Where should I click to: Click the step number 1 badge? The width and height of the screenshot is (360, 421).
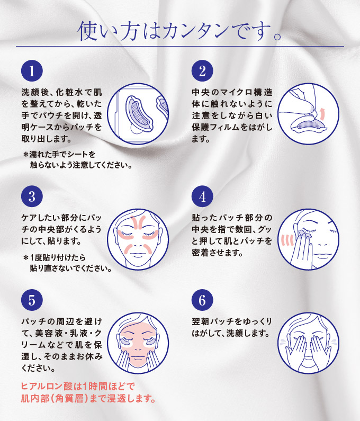click(32, 71)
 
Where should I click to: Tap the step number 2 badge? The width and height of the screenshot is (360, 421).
click(202, 71)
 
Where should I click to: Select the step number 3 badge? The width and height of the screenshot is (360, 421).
click(32, 196)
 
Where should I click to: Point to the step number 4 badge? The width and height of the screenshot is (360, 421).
click(202, 196)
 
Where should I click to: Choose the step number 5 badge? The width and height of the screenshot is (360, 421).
click(32, 300)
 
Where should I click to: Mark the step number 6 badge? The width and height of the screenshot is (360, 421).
click(202, 300)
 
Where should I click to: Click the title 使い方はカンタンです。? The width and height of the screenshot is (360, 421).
click(180, 31)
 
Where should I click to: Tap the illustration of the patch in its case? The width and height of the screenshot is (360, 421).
click(138, 114)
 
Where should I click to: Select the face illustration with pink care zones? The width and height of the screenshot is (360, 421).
click(138, 239)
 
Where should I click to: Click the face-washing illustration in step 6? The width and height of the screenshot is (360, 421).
click(308, 343)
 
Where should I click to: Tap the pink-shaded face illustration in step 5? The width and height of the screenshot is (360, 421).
click(138, 343)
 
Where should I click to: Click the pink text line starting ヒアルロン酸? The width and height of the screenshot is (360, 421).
click(78, 387)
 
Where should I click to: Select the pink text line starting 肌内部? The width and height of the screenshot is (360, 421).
click(88, 398)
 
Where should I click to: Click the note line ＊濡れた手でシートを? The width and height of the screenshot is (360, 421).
click(59, 155)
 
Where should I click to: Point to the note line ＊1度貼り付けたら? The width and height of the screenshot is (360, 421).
click(55, 258)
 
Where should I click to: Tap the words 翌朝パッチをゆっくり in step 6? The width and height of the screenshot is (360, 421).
click(232, 321)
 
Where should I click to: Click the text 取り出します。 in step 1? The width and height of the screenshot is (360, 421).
click(47, 139)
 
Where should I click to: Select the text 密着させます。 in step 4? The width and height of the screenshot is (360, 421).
click(217, 253)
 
